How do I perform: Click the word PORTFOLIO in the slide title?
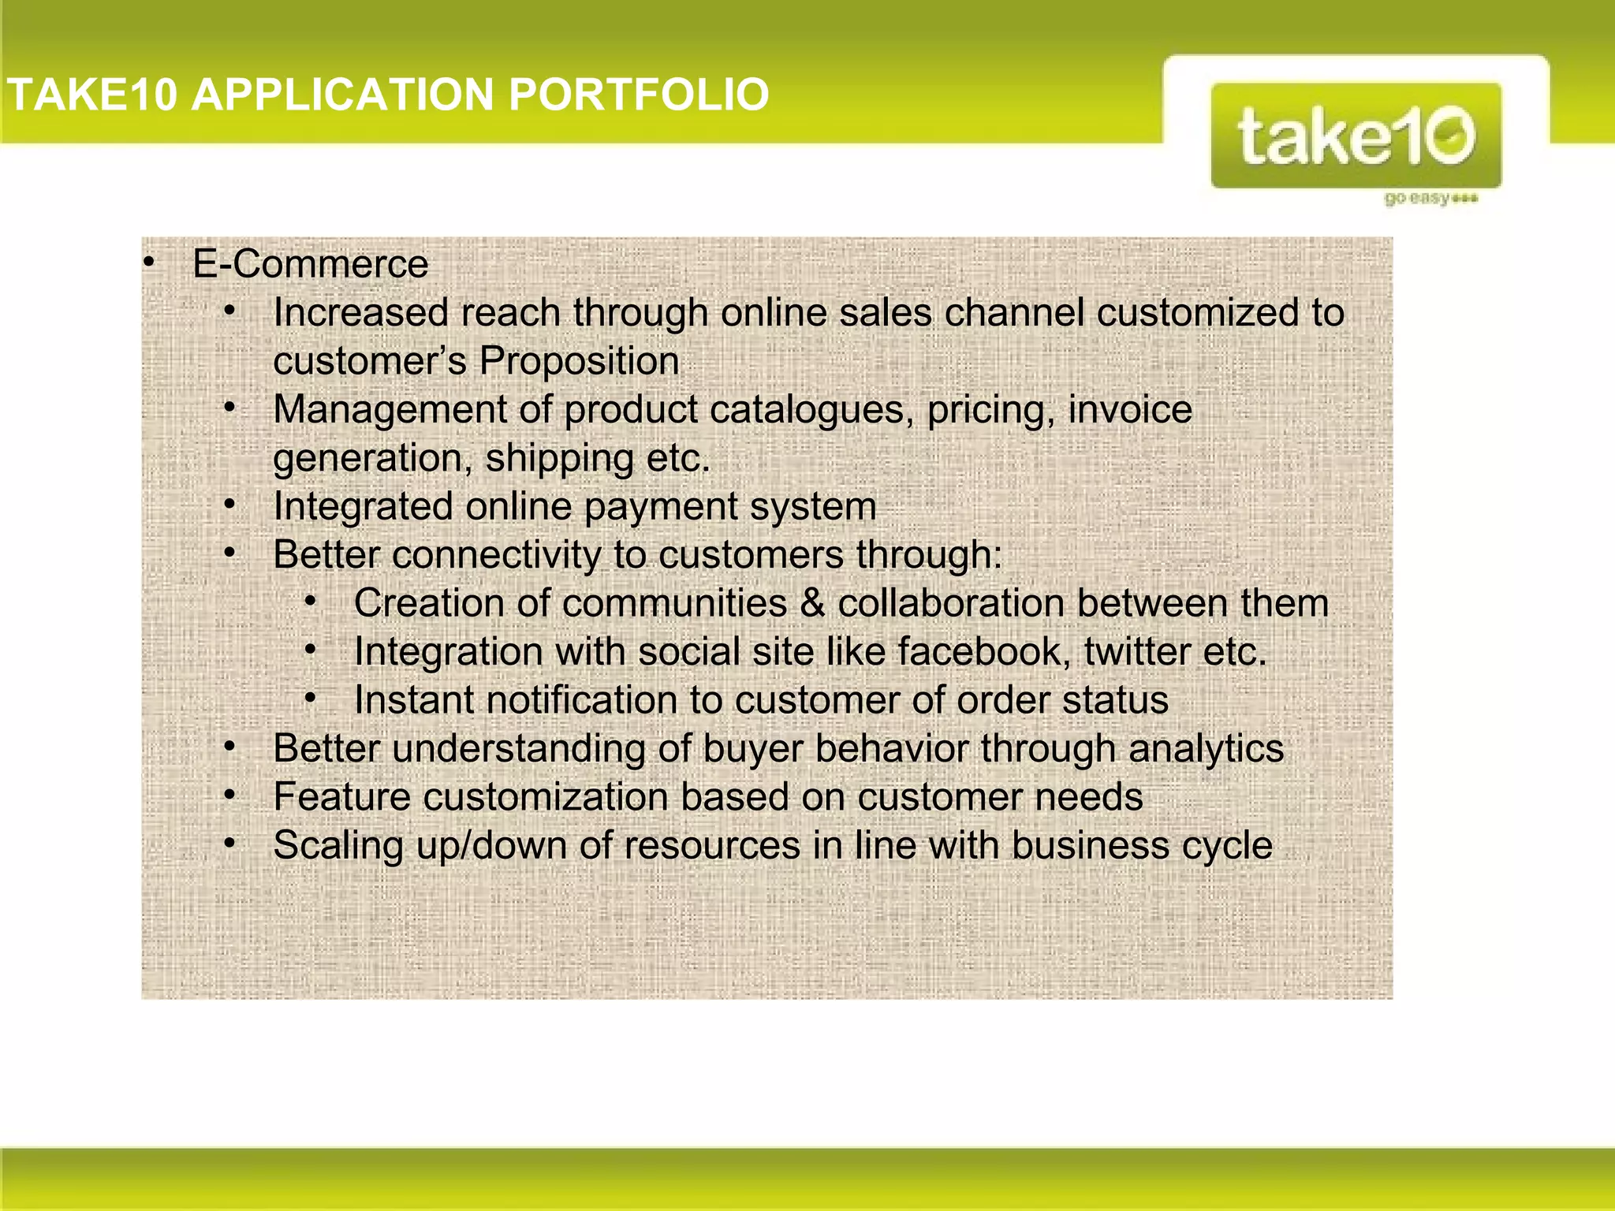[639, 95]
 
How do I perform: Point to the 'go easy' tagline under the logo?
[1430, 198]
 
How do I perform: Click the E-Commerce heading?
[311, 263]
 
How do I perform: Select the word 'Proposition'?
[579, 361]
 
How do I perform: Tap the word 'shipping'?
[559, 458]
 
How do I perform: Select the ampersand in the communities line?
[812, 603]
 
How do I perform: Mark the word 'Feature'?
[341, 797]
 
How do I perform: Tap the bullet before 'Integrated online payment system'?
[229, 505]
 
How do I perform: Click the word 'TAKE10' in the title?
[92, 95]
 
